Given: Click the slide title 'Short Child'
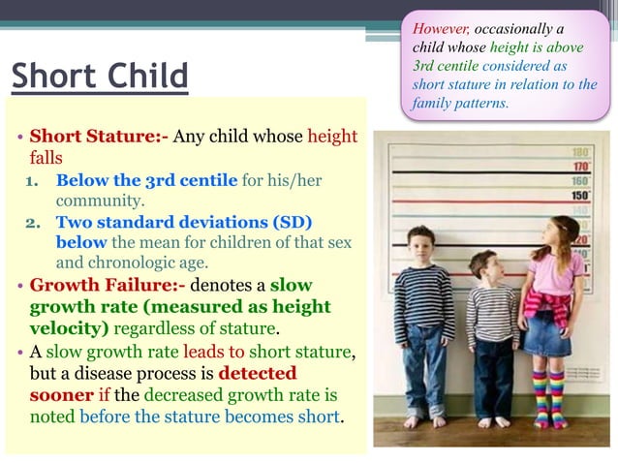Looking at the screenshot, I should point(100,76).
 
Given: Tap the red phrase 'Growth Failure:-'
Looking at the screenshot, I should point(108,286).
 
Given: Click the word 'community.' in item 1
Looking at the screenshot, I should point(100,201).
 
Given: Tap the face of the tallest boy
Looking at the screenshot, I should point(423,243).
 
